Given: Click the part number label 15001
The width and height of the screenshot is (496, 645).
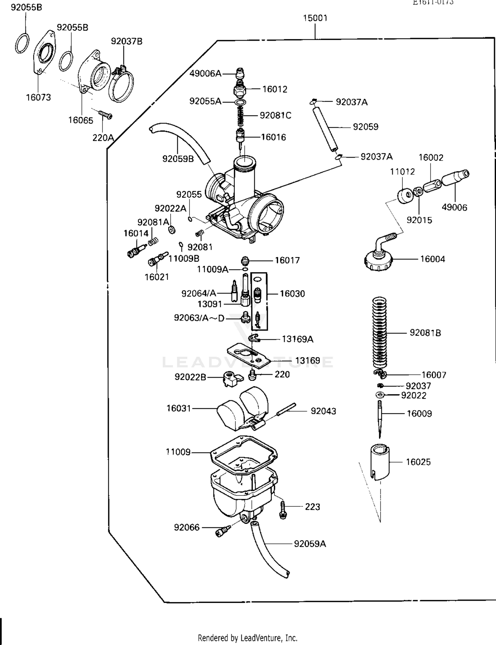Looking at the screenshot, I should [x=315, y=18].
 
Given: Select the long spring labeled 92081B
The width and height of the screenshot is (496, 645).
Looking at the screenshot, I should [x=379, y=332].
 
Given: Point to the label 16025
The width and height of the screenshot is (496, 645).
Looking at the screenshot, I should [x=418, y=462].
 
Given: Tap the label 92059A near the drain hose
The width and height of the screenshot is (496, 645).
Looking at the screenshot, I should [x=310, y=544].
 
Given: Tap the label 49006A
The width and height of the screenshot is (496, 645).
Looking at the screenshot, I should [x=205, y=73].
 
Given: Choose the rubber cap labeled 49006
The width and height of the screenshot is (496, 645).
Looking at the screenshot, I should [x=455, y=178].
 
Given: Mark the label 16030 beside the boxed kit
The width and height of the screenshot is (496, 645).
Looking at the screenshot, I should [x=292, y=294].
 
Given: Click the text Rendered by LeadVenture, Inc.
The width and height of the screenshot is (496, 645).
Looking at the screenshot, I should [x=247, y=638].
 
